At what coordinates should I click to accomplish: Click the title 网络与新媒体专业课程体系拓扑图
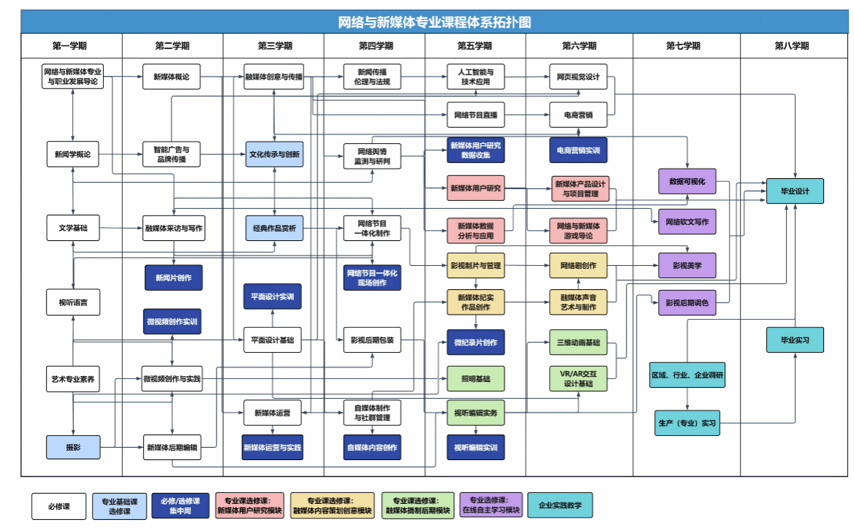point(434,22)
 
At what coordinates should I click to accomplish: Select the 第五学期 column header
point(475,46)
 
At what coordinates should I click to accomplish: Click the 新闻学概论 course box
point(72,154)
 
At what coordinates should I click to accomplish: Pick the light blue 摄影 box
point(72,446)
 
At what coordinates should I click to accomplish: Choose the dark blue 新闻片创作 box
point(173,278)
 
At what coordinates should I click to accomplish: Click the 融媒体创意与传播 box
point(273,77)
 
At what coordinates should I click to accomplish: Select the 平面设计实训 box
point(272,296)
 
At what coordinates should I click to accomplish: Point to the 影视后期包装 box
point(372,340)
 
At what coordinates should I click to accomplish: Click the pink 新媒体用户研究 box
point(475,188)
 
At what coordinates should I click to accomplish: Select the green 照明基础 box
point(475,378)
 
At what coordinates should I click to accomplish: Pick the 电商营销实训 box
point(578,150)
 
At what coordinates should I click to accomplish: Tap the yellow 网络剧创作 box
point(578,265)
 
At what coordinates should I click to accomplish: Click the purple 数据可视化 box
point(687,182)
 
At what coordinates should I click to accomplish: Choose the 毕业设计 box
point(795,191)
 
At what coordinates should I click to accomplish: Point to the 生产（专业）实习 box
point(687,423)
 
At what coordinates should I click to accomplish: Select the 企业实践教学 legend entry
point(559,505)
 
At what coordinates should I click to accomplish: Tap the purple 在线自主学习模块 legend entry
point(491,505)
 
